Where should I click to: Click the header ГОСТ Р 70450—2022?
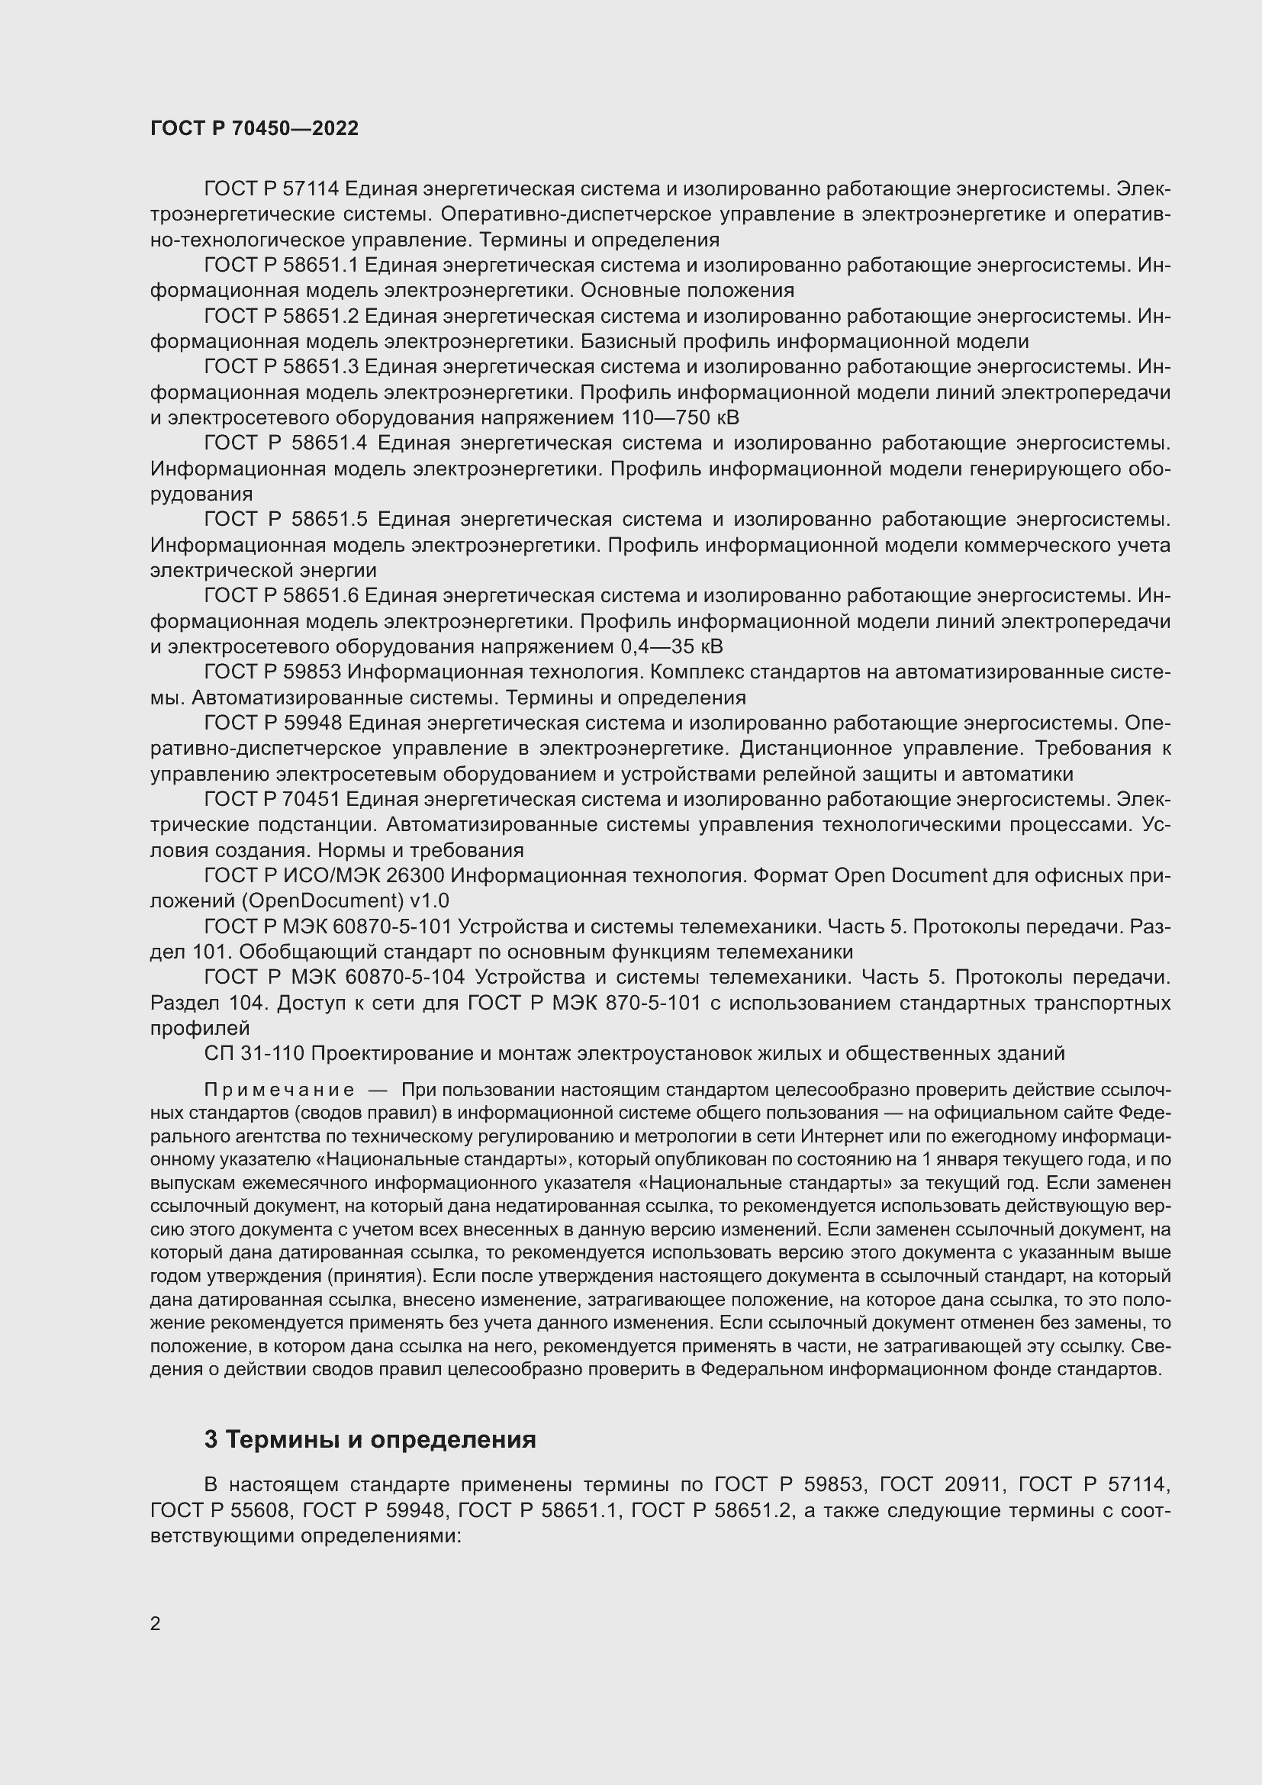click(x=254, y=129)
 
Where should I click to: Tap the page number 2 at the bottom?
click(x=156, y=1624)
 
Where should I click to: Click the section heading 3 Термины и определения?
click(x=370, y=1440)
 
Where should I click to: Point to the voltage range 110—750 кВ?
click(x=680, y=417)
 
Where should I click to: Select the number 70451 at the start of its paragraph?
click(x=311, y=799)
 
